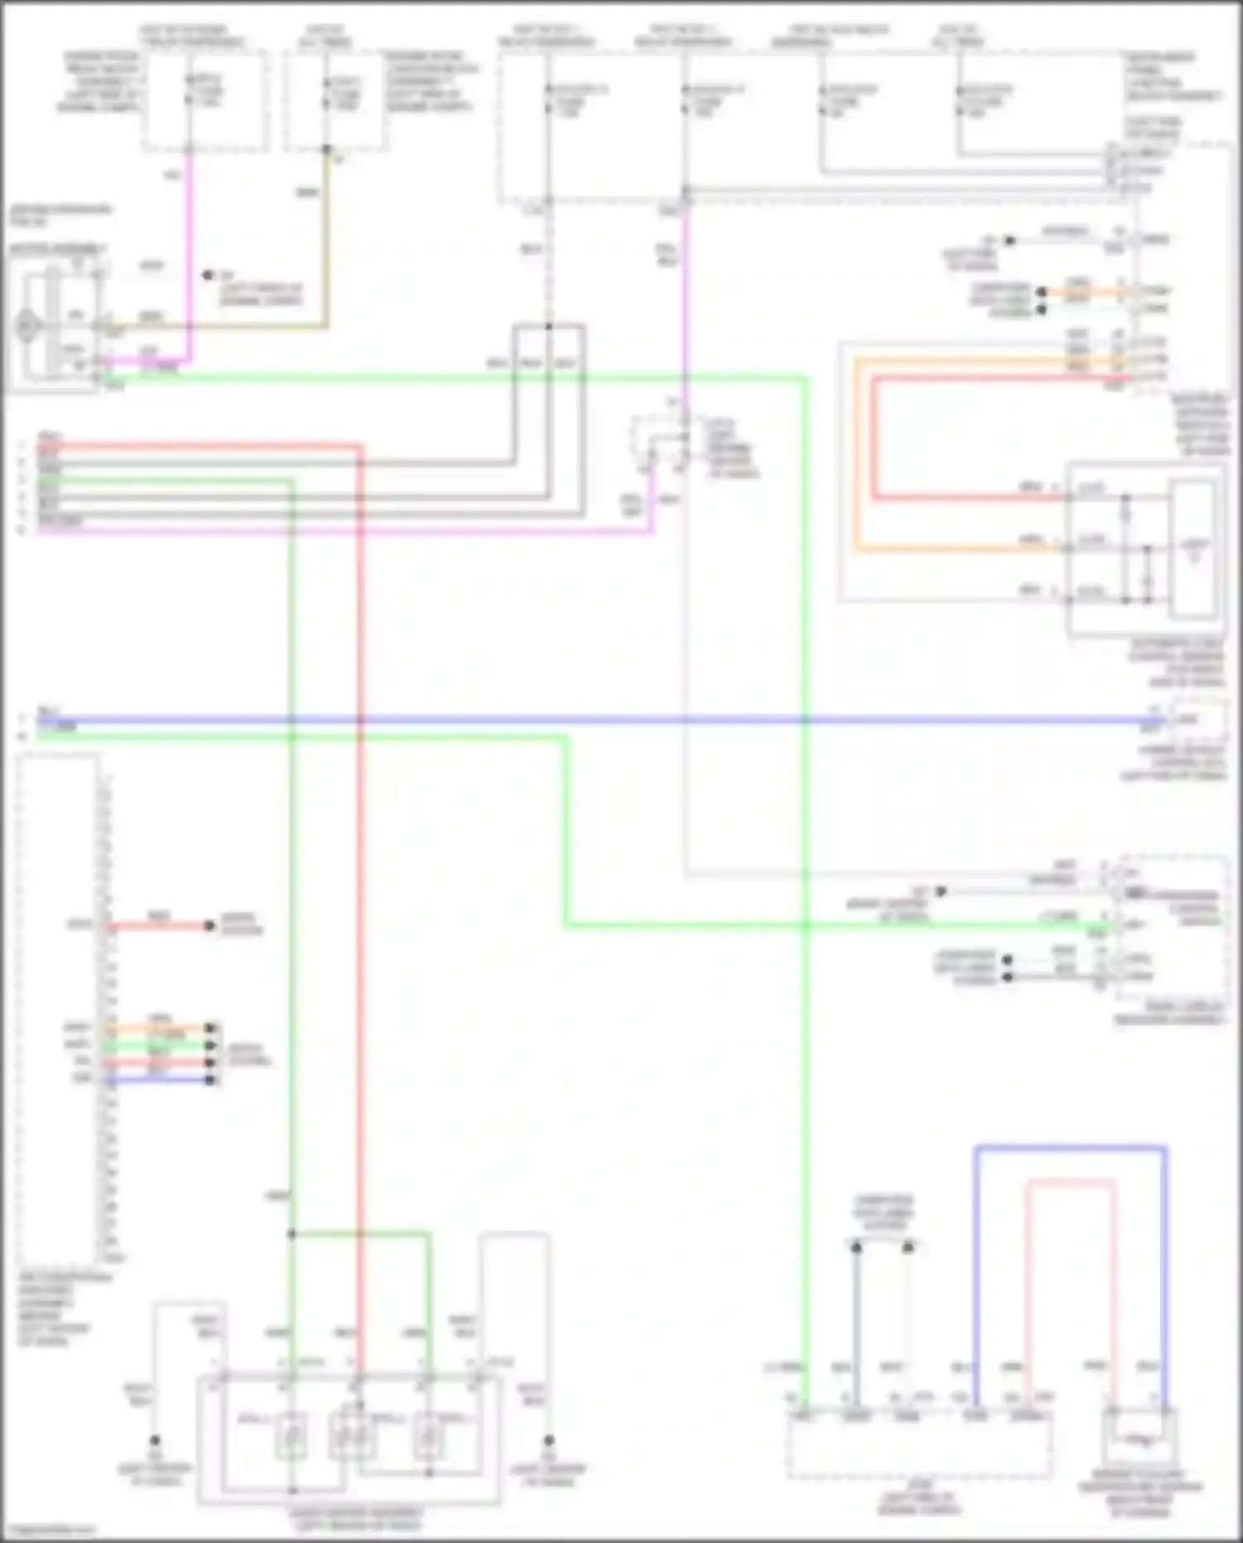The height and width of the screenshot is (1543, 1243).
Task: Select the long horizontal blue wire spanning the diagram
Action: point(580,721)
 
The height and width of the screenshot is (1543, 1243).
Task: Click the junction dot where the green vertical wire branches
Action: point(292,1234)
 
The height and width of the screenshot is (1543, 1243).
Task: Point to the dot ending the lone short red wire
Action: point(210,925)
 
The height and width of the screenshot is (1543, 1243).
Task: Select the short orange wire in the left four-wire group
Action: point(157,1028)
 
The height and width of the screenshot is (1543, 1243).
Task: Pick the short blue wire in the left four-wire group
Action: point(157,1080)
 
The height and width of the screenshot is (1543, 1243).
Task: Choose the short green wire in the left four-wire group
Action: point(157,1046)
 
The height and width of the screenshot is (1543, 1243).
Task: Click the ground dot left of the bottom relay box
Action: point(154,1440)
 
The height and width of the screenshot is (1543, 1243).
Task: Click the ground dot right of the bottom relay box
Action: point(548,1440)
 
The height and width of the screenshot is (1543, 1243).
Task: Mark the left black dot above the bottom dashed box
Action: point(857,1247)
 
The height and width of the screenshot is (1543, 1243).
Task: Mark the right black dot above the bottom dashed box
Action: point(908,1247)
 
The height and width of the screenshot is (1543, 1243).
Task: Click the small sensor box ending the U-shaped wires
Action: point(1139,1440)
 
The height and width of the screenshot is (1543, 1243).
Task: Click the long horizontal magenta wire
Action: point(331,531)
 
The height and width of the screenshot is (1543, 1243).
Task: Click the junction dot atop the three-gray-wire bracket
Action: point(548,326)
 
